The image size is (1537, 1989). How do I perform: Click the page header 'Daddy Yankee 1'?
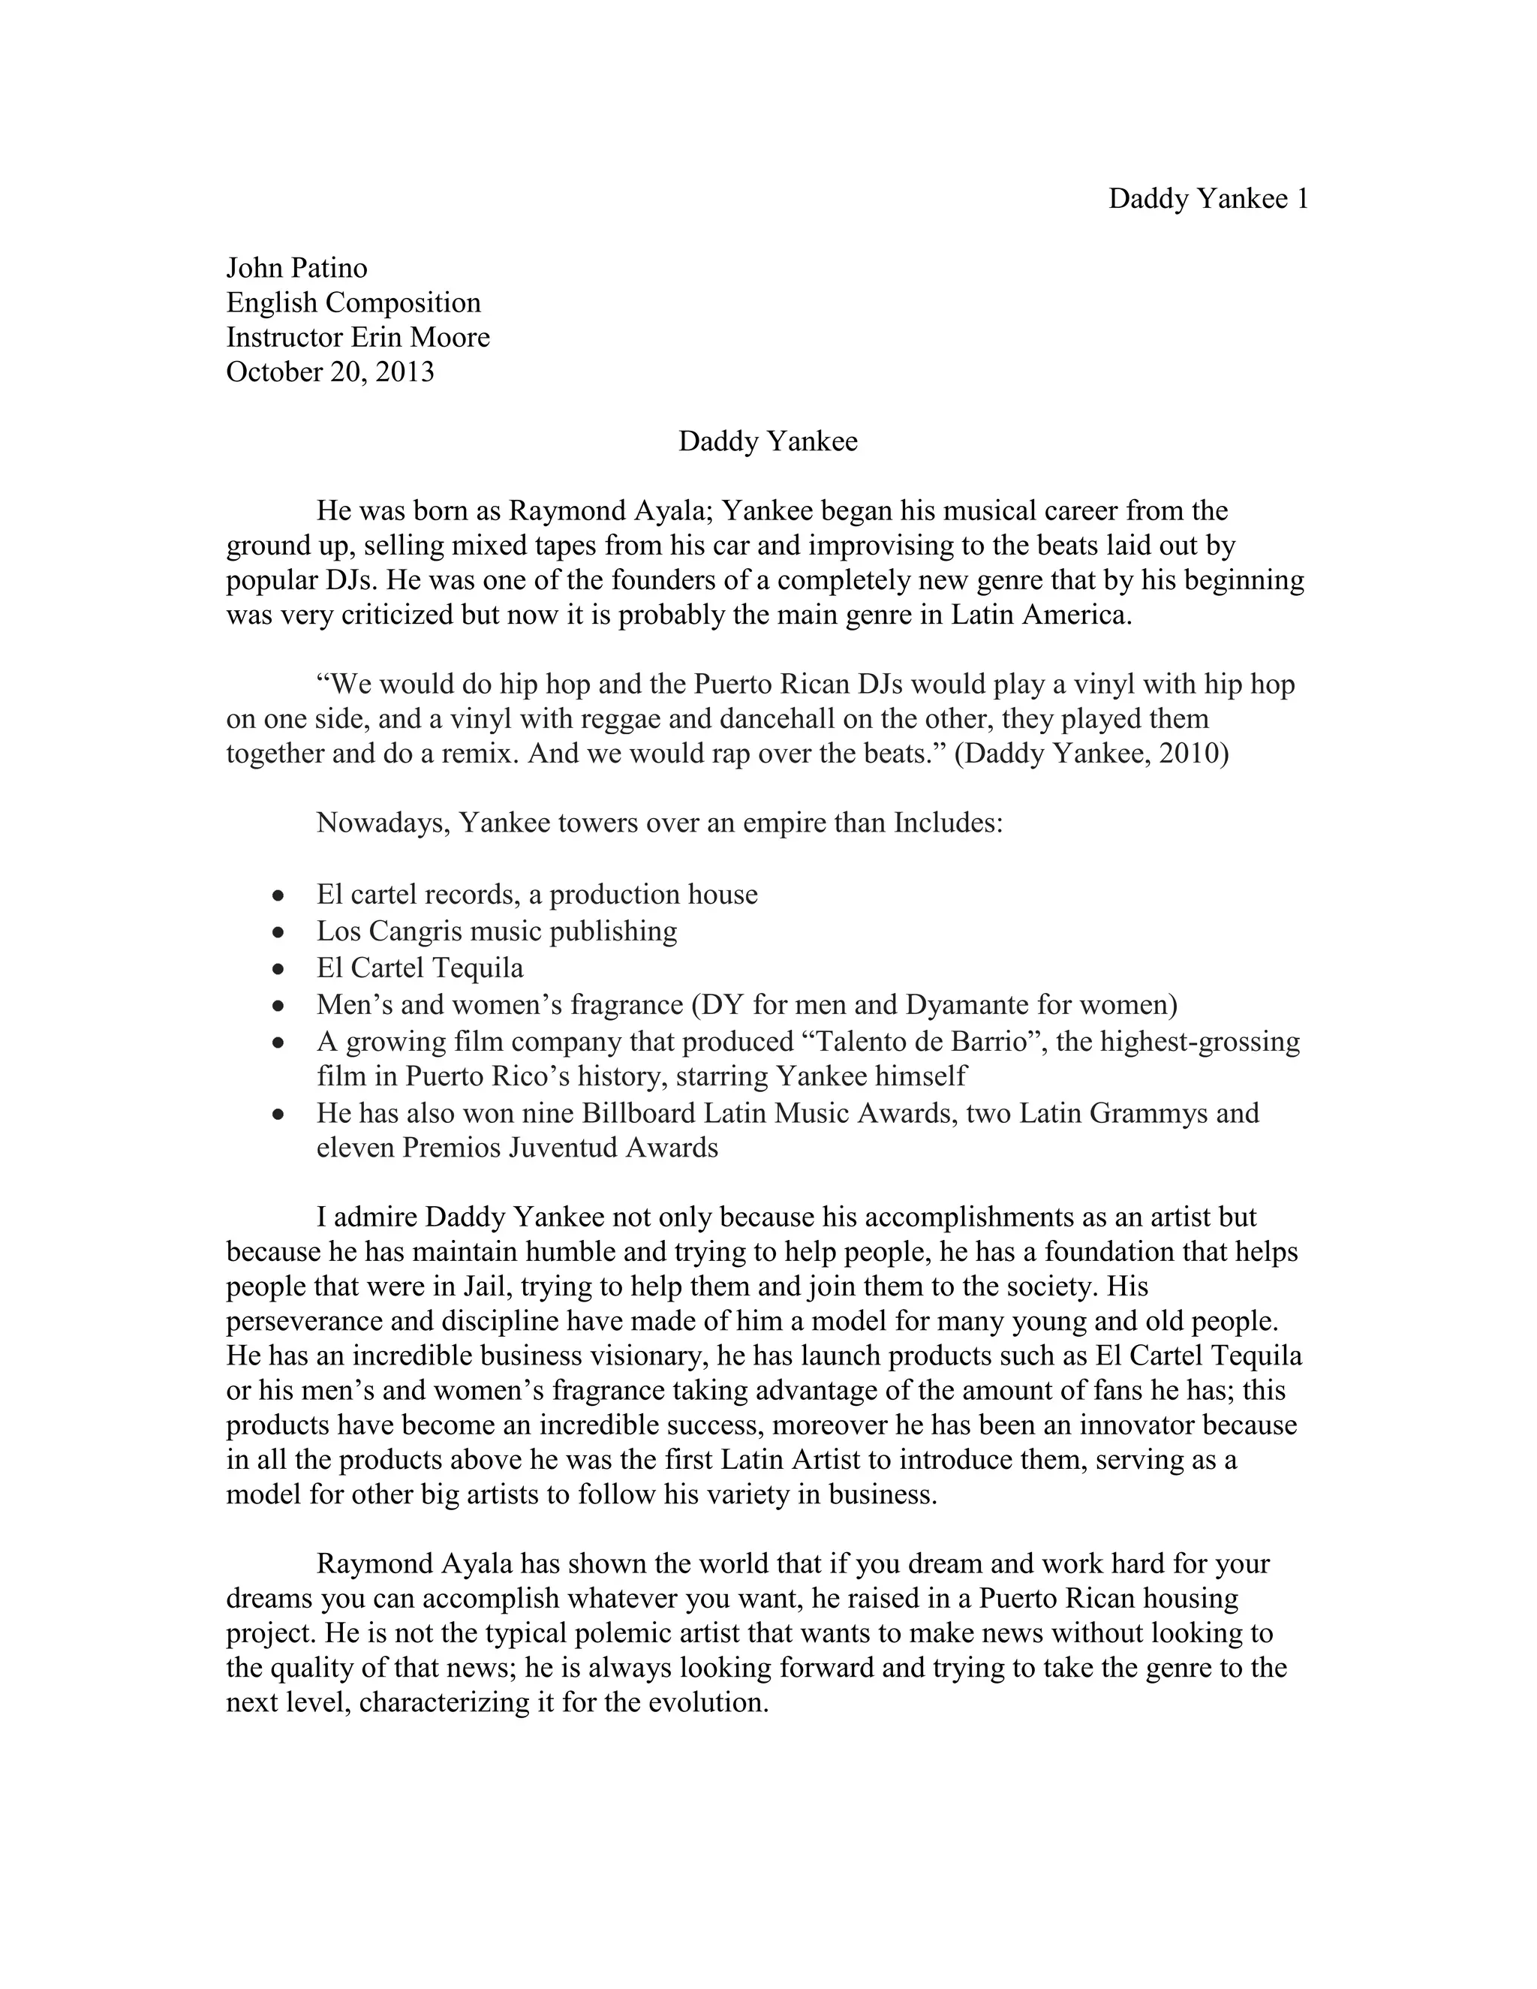tap(1208, 199)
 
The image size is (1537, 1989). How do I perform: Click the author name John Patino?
tap(297, 268)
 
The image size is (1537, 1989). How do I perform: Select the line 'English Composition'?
tap(353, 302)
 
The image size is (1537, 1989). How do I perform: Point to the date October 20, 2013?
tap(329, 372)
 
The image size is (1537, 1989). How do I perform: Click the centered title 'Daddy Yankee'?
tap(768, 441)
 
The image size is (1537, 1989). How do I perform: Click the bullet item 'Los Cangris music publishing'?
tap(496, 931)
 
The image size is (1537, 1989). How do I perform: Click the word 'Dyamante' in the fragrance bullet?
tap(965, 1004)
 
